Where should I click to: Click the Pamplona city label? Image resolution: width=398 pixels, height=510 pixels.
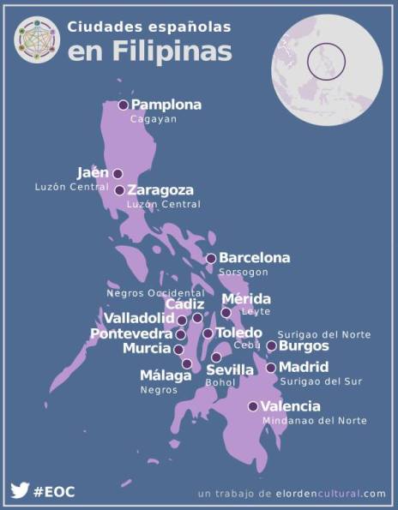coord(166,105)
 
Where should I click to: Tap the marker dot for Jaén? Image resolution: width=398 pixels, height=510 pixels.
coord(118,173)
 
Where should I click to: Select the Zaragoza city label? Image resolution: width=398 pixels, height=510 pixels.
coord(160,190)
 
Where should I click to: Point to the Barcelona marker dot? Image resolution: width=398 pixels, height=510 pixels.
coord(211,258)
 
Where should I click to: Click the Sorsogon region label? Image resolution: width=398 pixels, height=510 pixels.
coord(244,273)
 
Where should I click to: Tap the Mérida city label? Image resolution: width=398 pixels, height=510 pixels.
coord(246,299)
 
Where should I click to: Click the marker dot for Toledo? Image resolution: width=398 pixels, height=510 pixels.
coord(208,333)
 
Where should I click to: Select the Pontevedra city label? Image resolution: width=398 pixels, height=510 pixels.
coord(131,333)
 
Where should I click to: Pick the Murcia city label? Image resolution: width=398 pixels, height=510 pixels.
coord(147,349)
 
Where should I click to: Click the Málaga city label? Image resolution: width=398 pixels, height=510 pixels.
coord(166,375)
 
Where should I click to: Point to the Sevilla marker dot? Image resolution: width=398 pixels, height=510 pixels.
coord(216,357)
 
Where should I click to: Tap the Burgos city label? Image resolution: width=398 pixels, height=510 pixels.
coord(304,346)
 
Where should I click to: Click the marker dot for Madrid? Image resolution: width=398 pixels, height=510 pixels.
coord(271,368)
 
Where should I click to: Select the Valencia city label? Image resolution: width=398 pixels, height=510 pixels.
coord(291,406)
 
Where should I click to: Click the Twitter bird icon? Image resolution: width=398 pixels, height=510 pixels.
coord(20,491)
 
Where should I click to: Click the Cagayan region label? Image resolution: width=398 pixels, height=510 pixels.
coord(153,120)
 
